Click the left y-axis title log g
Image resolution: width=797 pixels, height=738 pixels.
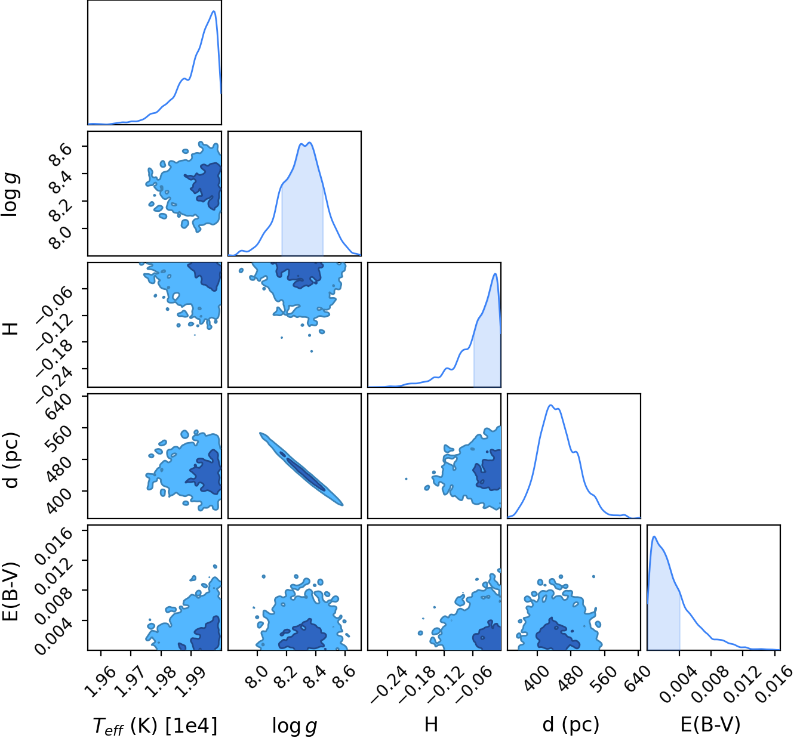pos(10,194)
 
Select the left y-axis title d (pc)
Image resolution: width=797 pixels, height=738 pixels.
pos(10,460)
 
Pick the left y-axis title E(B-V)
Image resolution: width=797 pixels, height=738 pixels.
pos(10,592)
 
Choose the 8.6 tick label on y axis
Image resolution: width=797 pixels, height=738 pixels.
pos(61,154)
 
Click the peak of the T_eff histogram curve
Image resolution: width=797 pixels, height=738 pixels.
pos(214,11)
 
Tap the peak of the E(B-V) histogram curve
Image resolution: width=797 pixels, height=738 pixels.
pos(654,537)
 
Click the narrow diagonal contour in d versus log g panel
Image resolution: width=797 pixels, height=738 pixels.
pos(301,469)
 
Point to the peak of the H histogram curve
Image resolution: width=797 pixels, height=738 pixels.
pos(496,273)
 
